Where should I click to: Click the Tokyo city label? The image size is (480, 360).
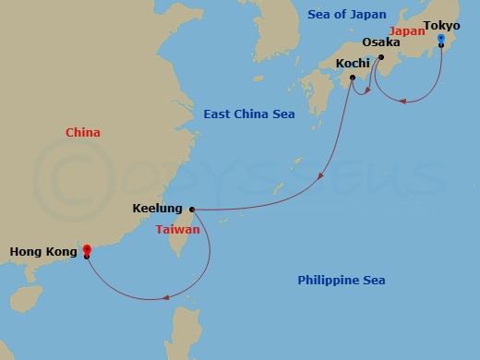point(441,25)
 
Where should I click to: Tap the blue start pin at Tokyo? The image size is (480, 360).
point(441,40)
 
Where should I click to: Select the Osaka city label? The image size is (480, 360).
point(380,42)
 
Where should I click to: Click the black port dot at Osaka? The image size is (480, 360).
point(380,56)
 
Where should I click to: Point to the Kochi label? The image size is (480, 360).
point(353,63)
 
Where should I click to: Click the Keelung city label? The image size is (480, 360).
point(158,209)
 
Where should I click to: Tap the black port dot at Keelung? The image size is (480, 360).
point(191,209)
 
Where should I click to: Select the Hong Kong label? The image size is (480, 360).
point(41,250)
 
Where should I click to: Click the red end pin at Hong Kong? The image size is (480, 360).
point(87,249)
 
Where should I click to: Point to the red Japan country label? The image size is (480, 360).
point(407,30)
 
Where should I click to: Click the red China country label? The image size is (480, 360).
point(83,133)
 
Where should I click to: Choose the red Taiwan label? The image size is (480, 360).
point(178,228)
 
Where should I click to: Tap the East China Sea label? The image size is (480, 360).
point(249,114)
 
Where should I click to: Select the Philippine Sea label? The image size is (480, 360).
point(342,280)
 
